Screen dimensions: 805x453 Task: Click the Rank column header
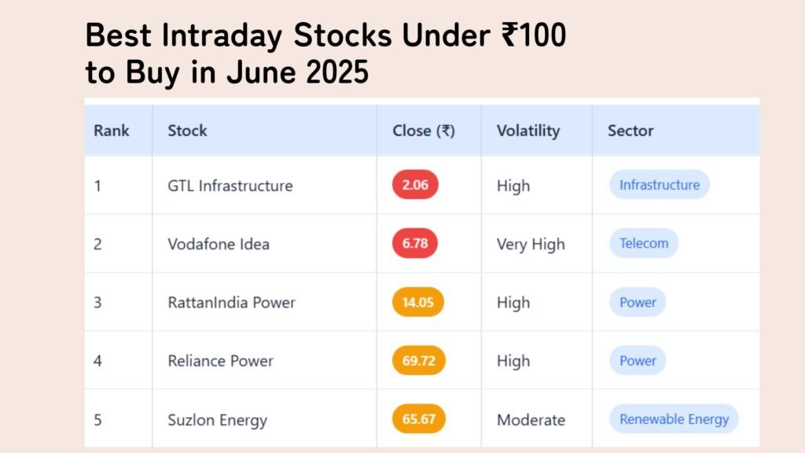point(112,131)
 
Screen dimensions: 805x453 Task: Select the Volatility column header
point(528,131)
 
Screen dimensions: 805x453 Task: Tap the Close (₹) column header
point(424,131)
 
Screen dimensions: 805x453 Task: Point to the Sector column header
point(630,131)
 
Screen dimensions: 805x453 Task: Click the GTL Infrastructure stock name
point(230,186)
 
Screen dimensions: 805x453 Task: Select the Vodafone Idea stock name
point(219,244)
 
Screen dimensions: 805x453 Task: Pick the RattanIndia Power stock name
point(232,303)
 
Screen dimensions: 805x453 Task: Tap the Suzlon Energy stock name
point(217,420)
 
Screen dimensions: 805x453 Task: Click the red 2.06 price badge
point(415,184)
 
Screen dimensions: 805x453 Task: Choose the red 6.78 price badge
point(415,243)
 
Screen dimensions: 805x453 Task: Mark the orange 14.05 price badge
point(418,302)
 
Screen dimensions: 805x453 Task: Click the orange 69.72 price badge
point(418,360)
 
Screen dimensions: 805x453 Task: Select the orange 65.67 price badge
point(418,419)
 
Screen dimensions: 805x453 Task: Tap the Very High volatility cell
point(531,245)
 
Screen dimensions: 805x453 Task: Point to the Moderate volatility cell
point(531,420)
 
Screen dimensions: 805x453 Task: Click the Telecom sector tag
point(644,243)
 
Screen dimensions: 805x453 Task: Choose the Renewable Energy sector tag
point(674,419)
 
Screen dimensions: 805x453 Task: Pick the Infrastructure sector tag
point(660,184)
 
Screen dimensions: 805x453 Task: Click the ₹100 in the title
point(534,35)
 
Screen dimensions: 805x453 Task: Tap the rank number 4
point(97,361)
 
